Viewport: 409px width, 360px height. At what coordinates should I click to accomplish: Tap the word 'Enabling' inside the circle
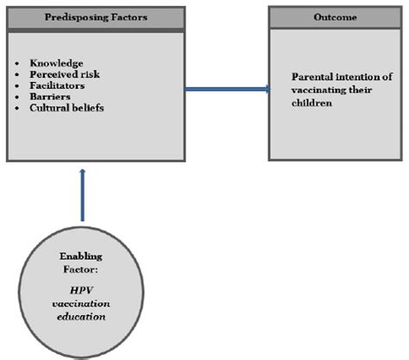tap(83, 258)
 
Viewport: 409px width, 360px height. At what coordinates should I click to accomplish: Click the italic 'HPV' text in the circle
tap(83, 287)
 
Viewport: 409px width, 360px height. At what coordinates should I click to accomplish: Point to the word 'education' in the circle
tap(83, 316)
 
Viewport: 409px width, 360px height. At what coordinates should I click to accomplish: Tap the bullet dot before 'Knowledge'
tap(22, 65)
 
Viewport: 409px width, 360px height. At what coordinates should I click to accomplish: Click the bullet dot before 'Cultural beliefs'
tap(22, 110)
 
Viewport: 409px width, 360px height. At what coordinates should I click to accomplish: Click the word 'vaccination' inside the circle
tap(83, 301)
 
